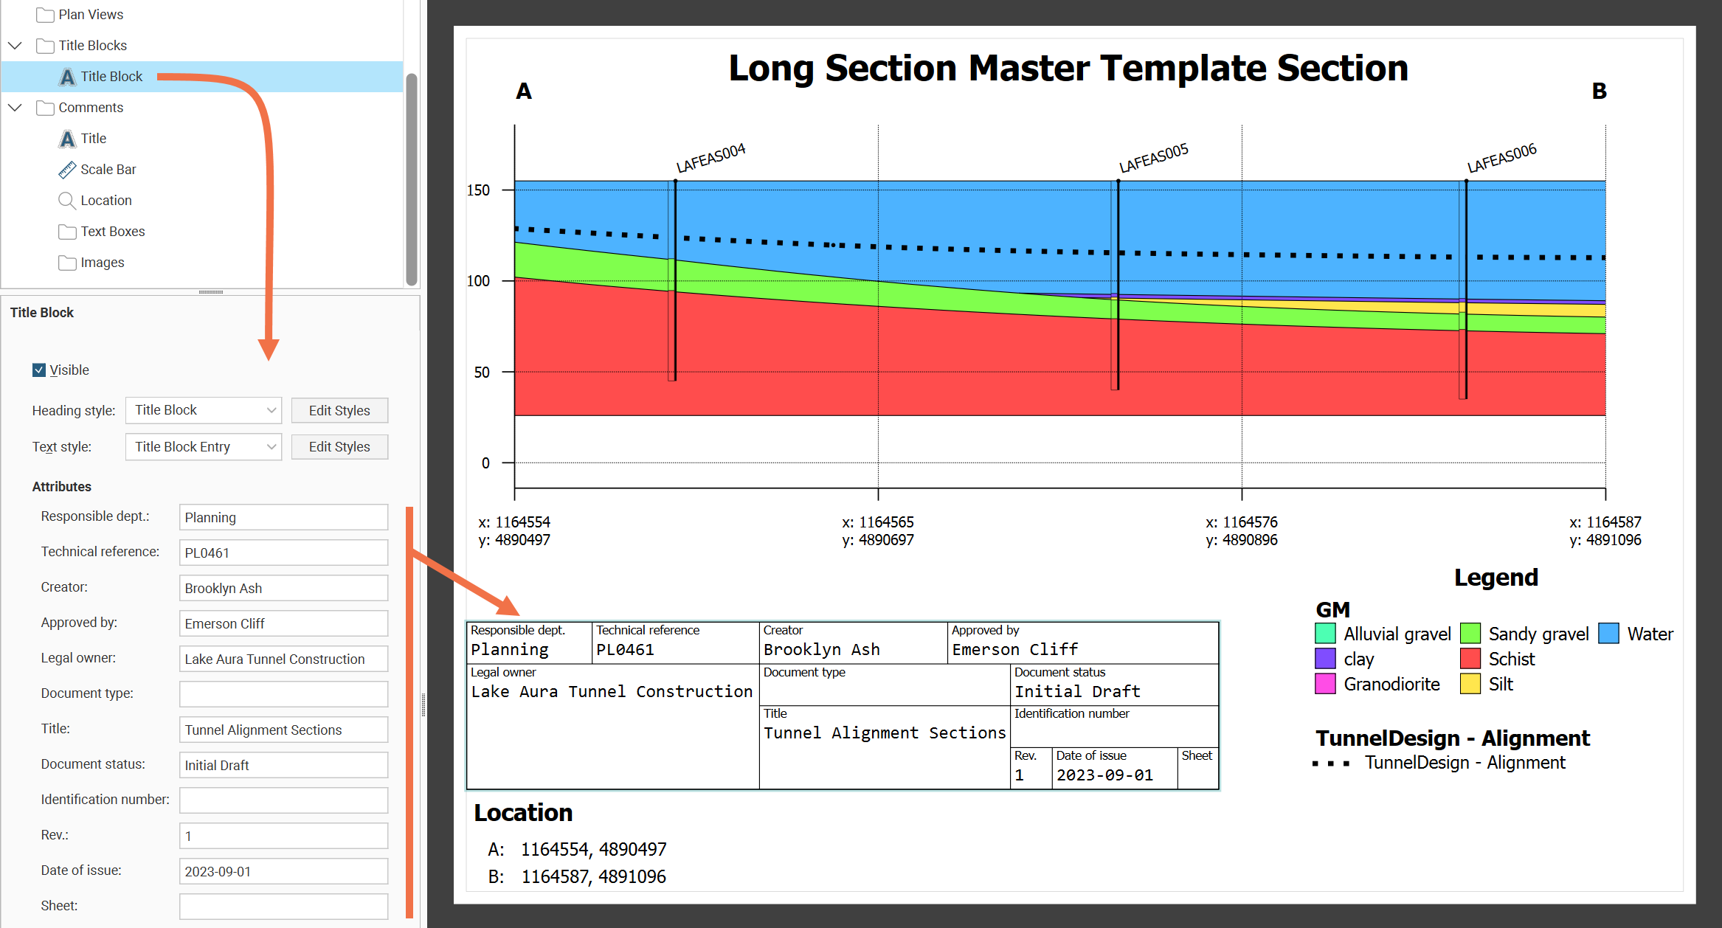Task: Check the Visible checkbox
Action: tap(39, 370)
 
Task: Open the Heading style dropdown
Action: tap(203, 410)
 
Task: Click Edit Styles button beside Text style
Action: tap(339, 447)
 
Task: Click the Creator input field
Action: tap(283, 588)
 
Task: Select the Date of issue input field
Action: tap(283, 871)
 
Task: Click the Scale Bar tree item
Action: tap(108, 170)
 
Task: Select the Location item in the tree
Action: tap(106, 201)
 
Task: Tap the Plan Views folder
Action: tap(90, 15)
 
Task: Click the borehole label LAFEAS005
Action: tap(1153, 158)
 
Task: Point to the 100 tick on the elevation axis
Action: tap(478, 281)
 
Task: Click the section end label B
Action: tap(1599, 91)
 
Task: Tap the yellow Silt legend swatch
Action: tap(1470, 684)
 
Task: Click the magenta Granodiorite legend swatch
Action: tap(1325, 684)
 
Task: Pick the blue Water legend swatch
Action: tap(1608, 634)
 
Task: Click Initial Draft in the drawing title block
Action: tap(1077, 691)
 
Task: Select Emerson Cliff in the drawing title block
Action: tap(1014, 649)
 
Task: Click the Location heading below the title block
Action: tap(523, 813)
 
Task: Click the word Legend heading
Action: tap(1495, 578)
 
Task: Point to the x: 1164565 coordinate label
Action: tap(877, 522)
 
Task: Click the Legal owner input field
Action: tap(283, 659)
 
